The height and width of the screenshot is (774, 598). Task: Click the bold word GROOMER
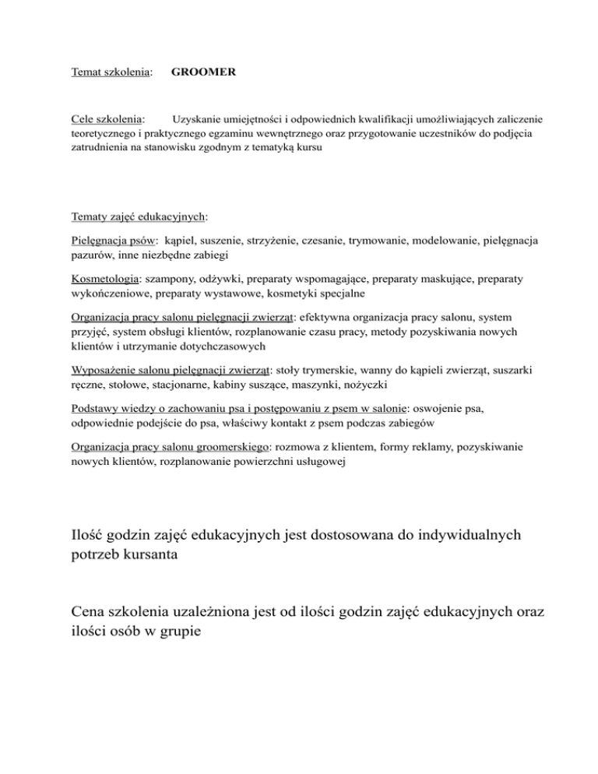click(203, 72)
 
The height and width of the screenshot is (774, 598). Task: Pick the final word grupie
click(178, 633)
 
